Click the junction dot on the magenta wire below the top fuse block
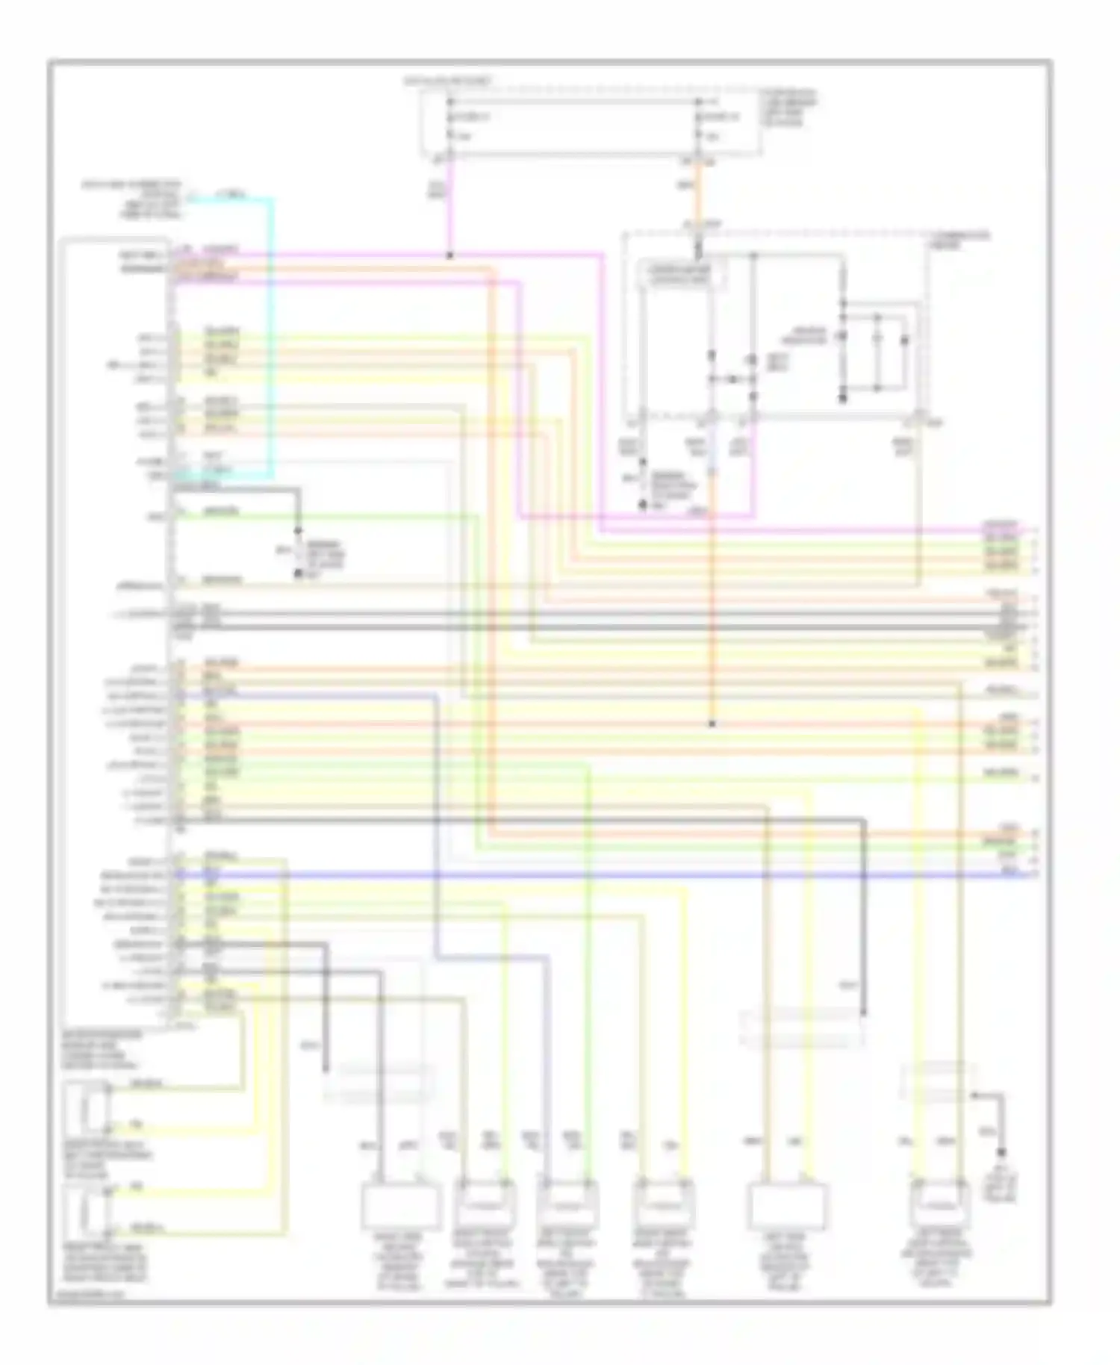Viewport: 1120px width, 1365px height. pyautogui.click(x=450, y=255)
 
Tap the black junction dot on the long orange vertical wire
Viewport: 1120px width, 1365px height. pyautogui.click(x=712, y=724)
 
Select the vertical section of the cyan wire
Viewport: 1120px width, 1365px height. pyautogui.click(x=272, y=336)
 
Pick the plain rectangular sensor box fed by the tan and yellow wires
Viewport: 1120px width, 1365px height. pyautogui.click(x=788, y=1206)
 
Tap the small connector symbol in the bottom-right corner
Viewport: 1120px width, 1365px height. pyautogui.click(x=1001, y=1184)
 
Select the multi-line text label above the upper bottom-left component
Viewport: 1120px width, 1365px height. pyautogui.click(x=101, y=1050)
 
